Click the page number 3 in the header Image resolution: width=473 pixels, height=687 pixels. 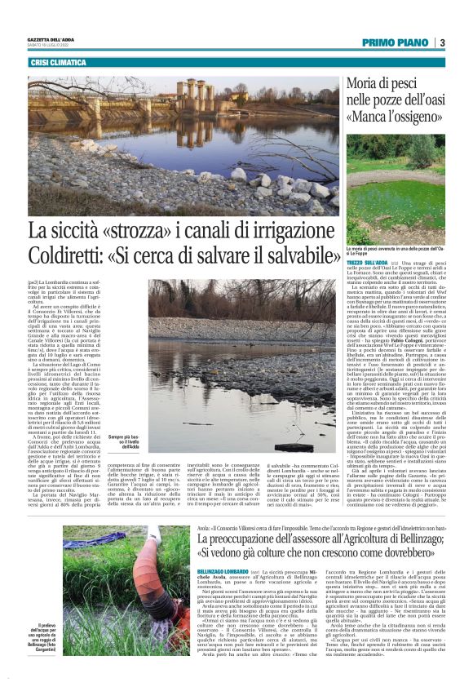441,43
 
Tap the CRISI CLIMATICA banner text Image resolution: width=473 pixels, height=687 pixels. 58,63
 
